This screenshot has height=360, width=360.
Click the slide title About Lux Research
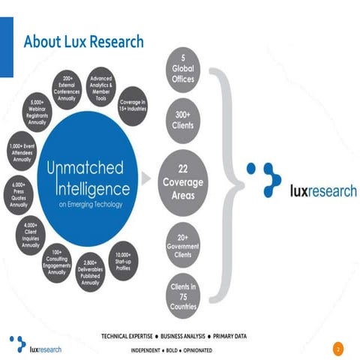pos(83,41)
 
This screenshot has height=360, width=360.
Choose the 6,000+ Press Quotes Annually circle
pos(20,193)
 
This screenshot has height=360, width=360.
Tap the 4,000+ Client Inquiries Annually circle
pos(31,234)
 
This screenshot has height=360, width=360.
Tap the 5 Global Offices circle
pos(184,70)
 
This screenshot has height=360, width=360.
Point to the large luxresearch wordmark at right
pos(322,190)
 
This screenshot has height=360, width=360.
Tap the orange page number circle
pos(337,349)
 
